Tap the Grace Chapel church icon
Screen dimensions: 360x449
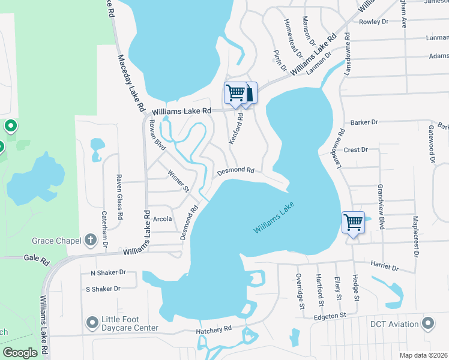click(90, 241)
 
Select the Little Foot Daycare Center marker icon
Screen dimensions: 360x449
click(92, 323)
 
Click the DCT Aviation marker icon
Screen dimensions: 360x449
click(428, 324)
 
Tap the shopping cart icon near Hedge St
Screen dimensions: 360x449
click(353, 223)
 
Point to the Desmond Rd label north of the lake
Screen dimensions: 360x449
click(236, 171)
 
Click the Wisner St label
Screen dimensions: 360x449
click(178, 180)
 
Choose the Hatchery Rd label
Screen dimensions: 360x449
click(214, 329)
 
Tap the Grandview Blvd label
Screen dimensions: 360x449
click(380, 199)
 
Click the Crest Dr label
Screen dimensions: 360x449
click(355, 149)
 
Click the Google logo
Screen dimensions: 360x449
click(21, 352)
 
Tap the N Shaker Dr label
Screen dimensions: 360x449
click(107, 272)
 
